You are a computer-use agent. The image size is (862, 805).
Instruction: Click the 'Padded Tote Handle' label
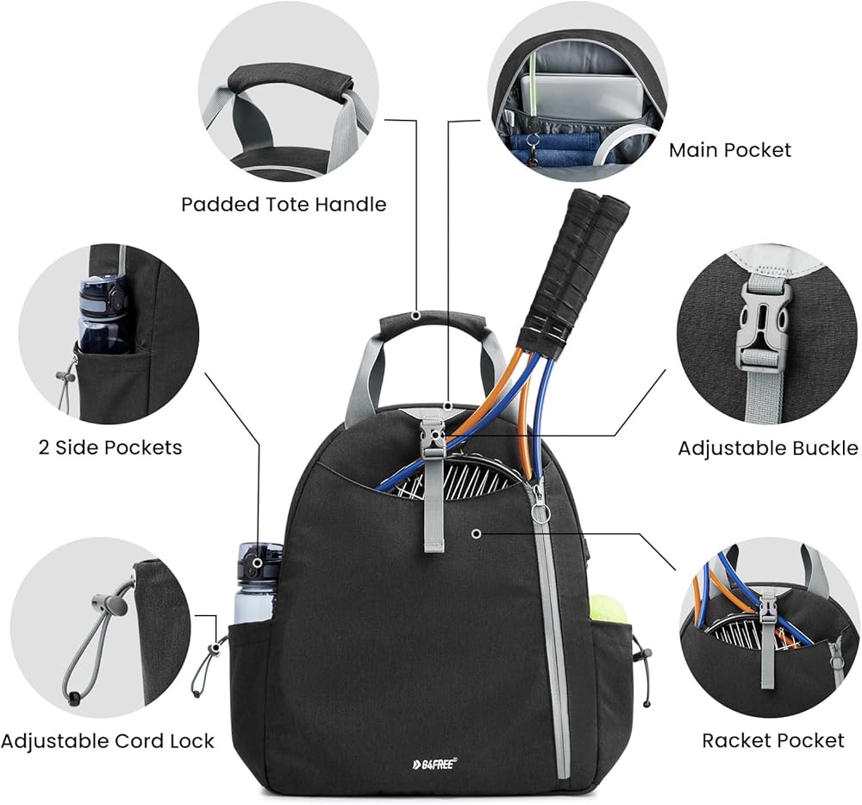pos(284,204)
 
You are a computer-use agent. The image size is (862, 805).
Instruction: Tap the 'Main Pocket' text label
pos(730,150)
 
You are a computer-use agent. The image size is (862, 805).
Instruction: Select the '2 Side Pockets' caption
pos(110,447)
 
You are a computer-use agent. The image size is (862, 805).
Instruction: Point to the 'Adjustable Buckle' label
pos(767,448)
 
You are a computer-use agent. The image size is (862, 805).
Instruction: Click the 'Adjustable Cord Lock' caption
pos(107,741)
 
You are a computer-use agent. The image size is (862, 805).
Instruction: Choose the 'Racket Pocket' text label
pos(773,740)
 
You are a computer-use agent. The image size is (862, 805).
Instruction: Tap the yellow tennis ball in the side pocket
pos(608,609)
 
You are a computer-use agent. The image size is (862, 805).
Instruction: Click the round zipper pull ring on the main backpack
pos(540,514)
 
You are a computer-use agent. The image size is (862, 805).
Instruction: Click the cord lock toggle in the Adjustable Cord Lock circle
pos(109,604)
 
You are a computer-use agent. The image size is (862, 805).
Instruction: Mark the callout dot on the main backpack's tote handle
pos(416,317)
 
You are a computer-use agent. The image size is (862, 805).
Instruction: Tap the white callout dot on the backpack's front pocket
pos(475,536)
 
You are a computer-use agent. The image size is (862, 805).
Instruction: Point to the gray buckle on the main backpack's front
pos(433,441)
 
